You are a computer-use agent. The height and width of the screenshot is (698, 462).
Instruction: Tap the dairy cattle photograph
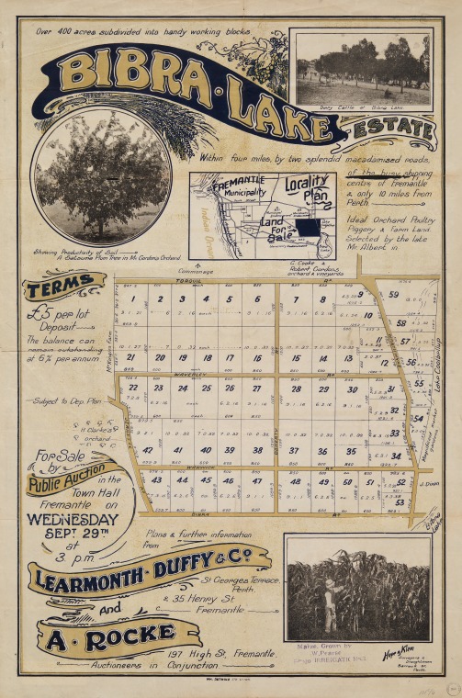tap(363, 70)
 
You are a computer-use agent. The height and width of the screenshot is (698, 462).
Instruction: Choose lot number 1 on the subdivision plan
tap(134, 298)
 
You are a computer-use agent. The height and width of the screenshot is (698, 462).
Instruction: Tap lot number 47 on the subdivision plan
tap(256, 481)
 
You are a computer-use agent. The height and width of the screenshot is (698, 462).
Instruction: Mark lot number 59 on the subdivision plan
tap(393, 295)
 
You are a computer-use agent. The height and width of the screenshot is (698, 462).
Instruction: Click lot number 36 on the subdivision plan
tap(322, 451)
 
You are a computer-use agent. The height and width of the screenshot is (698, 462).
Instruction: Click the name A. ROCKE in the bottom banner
tap(128, 634)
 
